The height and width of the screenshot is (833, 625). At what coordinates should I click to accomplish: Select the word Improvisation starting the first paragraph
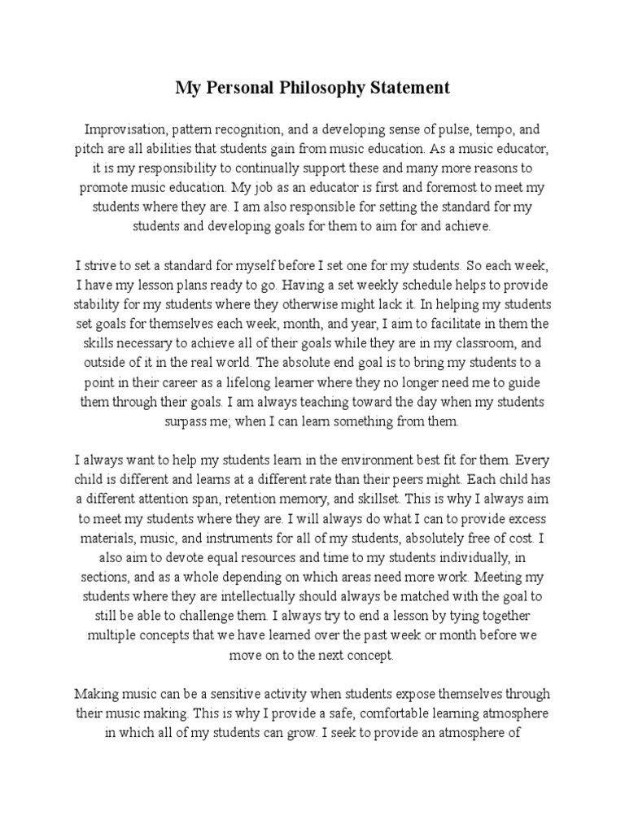pos(122,130)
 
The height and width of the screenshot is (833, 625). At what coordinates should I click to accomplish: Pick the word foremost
pos(422,188)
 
